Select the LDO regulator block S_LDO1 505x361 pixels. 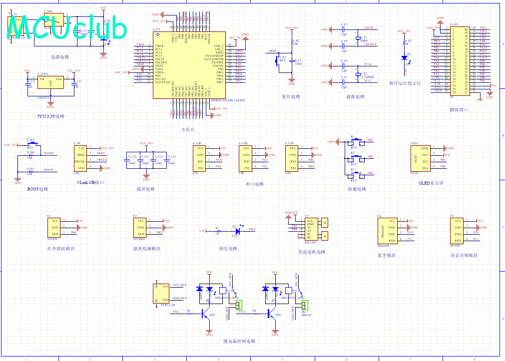[50, 82]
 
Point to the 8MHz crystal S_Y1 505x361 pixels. [358, 38]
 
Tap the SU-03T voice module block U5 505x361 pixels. [457, 231]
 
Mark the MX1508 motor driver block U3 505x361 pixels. [310, 229]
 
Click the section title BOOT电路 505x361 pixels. [37, 189]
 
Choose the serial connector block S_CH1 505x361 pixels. [200, 158]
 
